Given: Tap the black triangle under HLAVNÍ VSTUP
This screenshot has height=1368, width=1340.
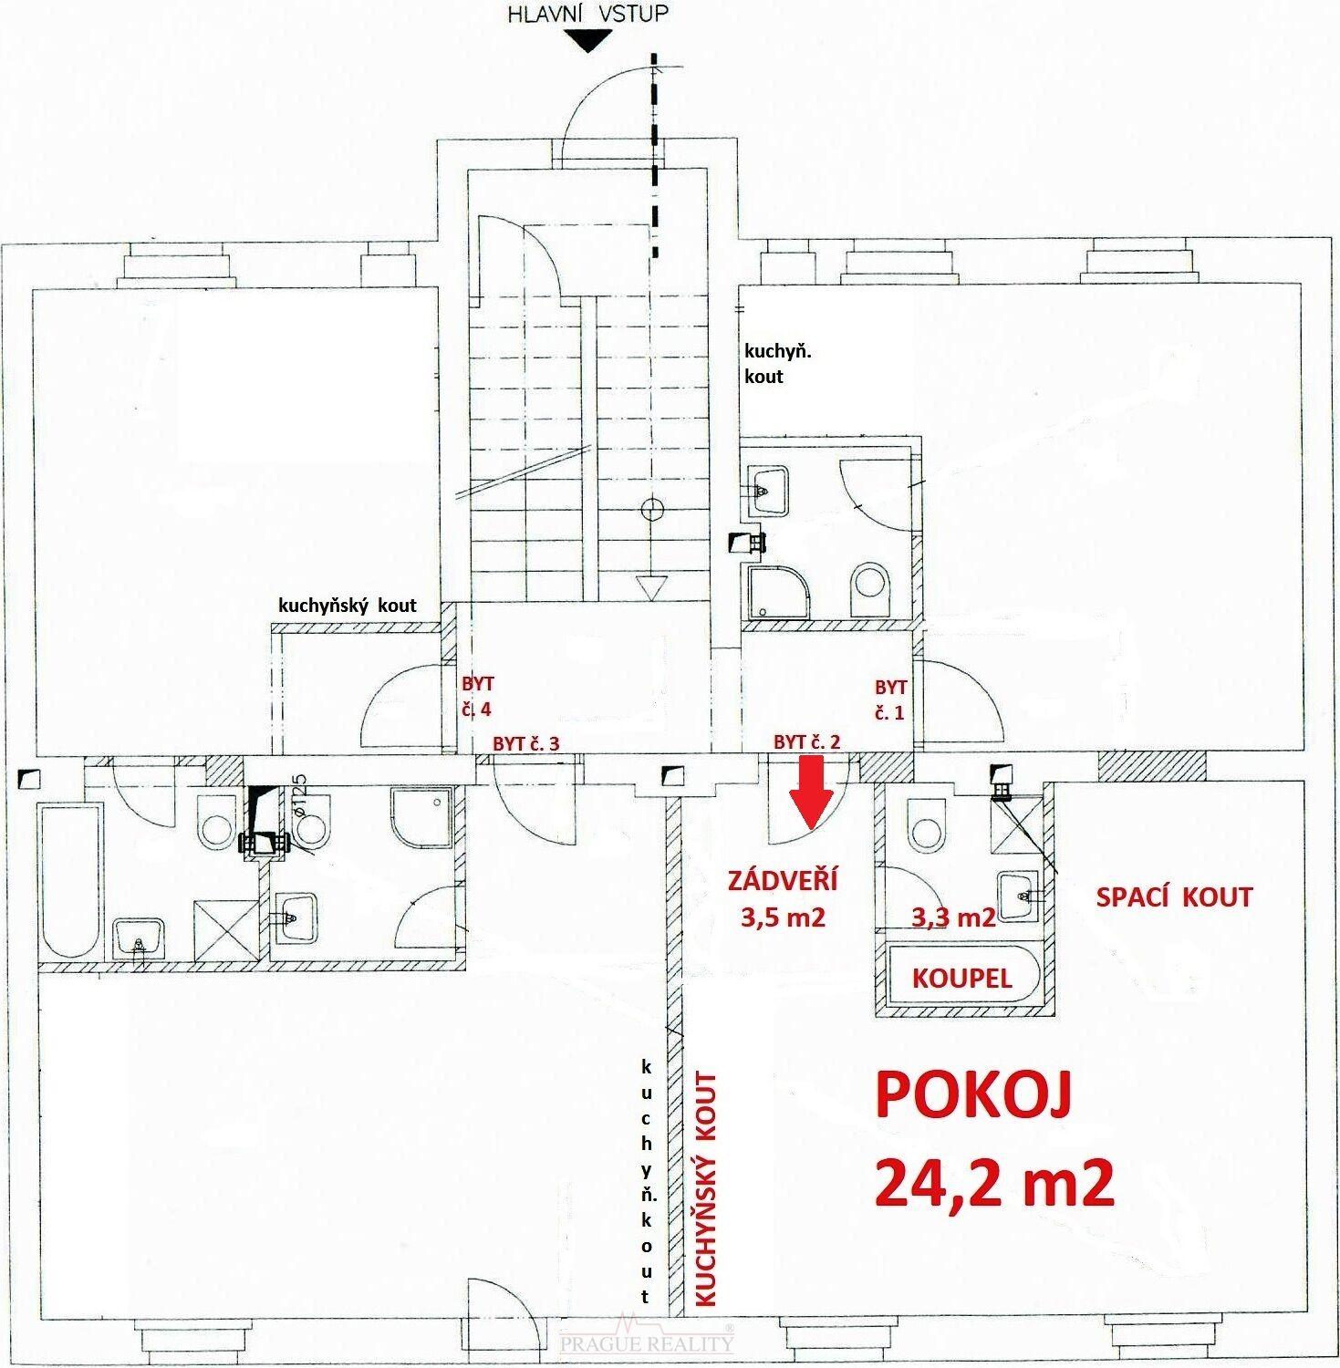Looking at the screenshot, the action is pyautogui.click(x=588, y=41).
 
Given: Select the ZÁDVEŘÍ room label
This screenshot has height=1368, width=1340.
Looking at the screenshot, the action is pyautogui.click(x=783, y=881).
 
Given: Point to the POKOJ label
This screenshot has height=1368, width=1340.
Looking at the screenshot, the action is pyautogui.click(x=972, y=1095).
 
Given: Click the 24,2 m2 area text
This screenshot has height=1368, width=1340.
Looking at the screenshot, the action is pyautogui.click(x=994, y=1183).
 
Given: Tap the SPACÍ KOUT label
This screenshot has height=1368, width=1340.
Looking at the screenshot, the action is pyautogui.click(x=1174, y=897).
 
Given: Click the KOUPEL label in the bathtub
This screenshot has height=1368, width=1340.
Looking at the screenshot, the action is pyautogui.click(x=962, y=979).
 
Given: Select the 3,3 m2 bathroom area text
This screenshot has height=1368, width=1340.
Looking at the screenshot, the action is pyautogui.click(x=953, y=917).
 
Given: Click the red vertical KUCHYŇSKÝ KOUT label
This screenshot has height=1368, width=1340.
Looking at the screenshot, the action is pyautogui.click(x=706, y=1189).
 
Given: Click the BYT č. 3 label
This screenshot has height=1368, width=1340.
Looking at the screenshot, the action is pyautogui.click(x=525, y=743).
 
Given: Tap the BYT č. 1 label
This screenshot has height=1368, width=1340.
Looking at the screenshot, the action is pyautogui.click(x=890, y=700).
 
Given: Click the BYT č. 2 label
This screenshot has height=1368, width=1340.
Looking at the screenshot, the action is pyautogui.click(x=806, y=742).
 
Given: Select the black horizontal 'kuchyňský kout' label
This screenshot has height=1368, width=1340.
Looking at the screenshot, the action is pyautogui.click(x=348, y=605).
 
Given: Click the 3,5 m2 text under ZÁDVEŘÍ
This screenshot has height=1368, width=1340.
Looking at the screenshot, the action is pyautogui.click(x=783, y=916).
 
